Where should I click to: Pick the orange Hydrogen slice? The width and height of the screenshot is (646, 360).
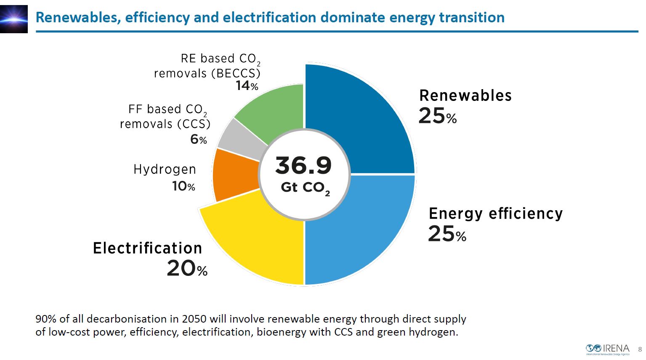coord(234,175)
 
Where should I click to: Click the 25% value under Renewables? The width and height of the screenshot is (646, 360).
coord(437,116)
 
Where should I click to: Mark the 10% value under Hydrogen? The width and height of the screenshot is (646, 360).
coord(183,186)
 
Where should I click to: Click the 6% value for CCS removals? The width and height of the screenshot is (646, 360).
coord(198,139)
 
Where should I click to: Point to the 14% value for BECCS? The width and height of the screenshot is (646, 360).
coord(247,86)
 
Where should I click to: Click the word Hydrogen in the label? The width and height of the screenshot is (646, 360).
coord(165,169)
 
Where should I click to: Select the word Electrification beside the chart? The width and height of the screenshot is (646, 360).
coord(147,248)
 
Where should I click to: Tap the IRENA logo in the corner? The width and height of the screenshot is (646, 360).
coord(608,349)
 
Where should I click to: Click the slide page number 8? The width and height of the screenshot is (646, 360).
coord(640,349)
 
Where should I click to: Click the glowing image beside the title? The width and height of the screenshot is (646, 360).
coord(14,19)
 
